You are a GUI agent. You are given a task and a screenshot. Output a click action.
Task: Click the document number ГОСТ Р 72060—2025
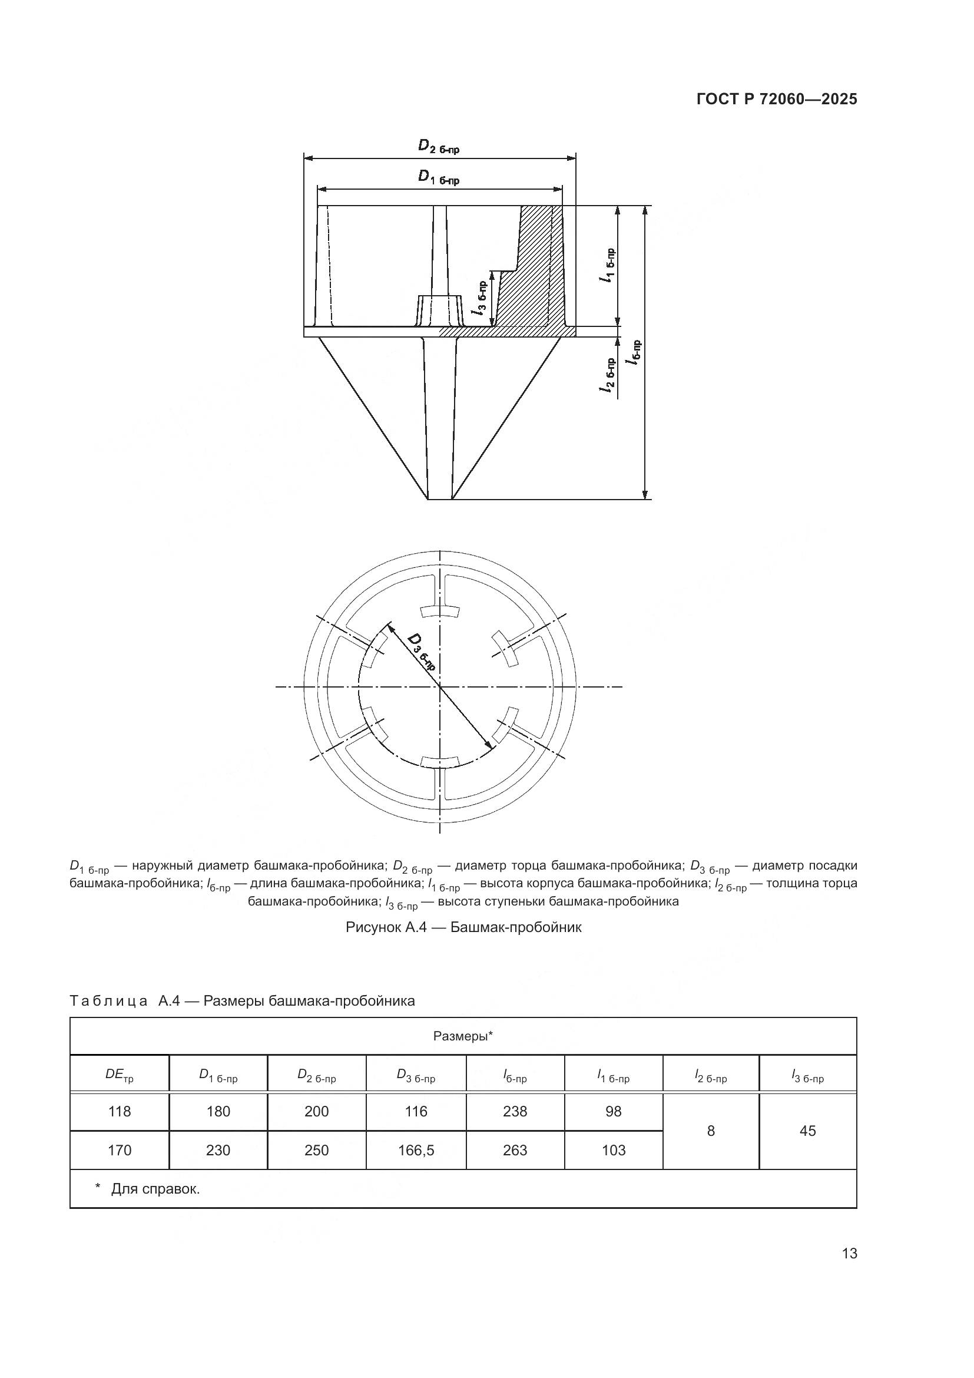tap(777, 100)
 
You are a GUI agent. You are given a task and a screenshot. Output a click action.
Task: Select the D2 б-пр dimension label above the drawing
tap(439, 147)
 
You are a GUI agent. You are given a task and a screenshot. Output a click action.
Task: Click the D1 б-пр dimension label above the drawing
tap(439, 178)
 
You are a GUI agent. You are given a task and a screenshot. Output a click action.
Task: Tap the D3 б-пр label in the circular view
tap(422, 651)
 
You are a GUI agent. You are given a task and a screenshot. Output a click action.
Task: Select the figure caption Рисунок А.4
tap(463, 927)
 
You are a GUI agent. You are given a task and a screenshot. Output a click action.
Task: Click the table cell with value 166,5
tap(416, 1150)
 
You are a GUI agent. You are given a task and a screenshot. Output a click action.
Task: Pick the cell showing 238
tap(515, 1111)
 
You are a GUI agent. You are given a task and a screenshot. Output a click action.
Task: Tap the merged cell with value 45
tap(807, 1131)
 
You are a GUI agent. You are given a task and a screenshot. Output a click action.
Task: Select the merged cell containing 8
tap(711, 1131)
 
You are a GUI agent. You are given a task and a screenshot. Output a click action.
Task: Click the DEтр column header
tap(120, 1075)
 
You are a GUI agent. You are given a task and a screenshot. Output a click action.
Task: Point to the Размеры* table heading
tap(463, 1036)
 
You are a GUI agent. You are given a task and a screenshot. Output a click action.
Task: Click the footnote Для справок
tap(155, 1188)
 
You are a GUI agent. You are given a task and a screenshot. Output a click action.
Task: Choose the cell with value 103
tap(613, 1150)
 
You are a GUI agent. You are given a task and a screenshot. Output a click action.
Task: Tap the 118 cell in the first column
tap(120, 1111)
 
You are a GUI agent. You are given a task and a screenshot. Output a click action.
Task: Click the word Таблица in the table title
tap(108, 1000)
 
